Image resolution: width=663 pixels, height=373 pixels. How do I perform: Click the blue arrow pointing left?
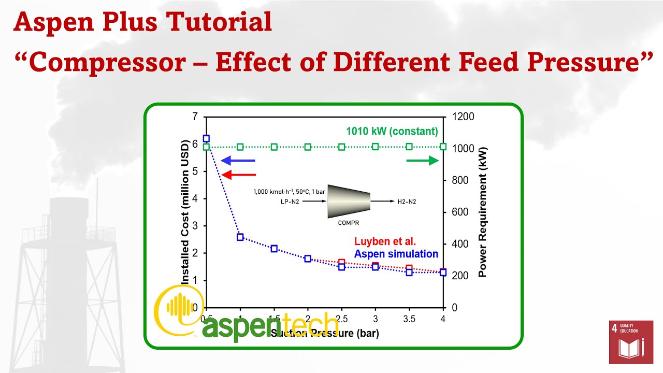238,161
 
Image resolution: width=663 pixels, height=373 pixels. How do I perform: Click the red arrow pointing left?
238,175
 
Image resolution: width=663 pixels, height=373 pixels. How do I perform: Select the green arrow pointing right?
423,161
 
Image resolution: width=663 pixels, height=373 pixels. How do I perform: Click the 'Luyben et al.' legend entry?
385,241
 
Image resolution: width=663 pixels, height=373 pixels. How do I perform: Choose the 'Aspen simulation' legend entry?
396,254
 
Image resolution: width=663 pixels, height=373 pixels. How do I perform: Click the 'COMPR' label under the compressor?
348,223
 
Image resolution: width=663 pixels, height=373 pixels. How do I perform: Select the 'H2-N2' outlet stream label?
406,201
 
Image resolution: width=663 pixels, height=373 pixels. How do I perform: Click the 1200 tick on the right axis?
463,117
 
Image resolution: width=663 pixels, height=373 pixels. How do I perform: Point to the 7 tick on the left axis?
195,117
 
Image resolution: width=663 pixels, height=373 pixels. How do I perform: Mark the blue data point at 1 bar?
240,237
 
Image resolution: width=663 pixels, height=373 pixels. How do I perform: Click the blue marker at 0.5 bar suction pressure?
206,138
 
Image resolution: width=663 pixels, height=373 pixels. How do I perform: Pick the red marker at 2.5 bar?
342,263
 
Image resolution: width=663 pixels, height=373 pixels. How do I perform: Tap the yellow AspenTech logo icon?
178,309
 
